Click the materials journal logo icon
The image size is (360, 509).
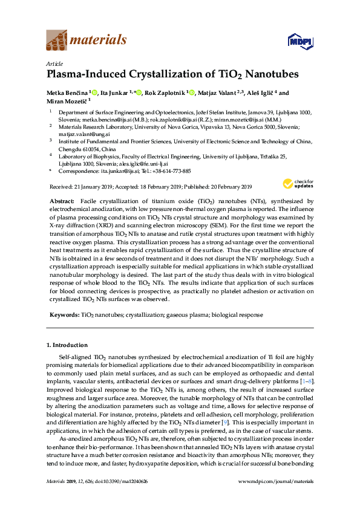(x=57, y=41)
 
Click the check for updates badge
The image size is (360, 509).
(x=295, y=184)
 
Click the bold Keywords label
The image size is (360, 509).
(x=63, y=315)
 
